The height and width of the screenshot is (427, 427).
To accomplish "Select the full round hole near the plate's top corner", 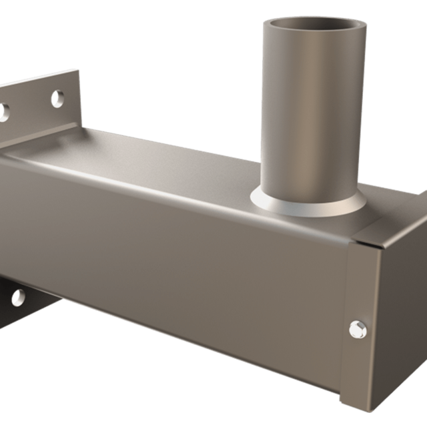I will coord(58,98).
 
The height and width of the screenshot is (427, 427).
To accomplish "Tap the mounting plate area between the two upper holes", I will coord(30,107).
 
